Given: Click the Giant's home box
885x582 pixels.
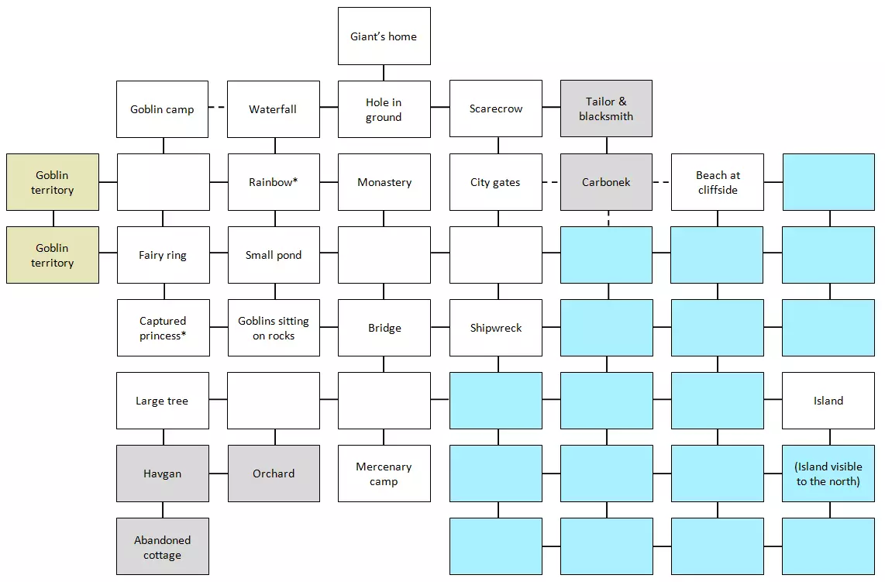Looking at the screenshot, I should pos(384,36).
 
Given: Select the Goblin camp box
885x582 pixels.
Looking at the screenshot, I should pos(163,109).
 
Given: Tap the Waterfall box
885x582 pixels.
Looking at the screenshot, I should pos(274,109).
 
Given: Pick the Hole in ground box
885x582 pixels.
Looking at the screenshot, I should pos(384,109).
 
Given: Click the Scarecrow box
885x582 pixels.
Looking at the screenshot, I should pos(496,109).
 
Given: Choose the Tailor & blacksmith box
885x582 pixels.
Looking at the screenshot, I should pos(606,109).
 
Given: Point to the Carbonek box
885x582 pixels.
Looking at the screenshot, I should pos(606,182).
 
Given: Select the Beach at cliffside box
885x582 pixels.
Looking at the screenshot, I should pos(718,182).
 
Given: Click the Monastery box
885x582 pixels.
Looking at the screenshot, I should pos(384,182).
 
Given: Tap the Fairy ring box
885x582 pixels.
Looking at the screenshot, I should pos(163,255).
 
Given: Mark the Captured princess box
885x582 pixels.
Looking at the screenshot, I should pos(163,328).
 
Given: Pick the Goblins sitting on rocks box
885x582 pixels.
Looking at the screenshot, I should pos(274,328).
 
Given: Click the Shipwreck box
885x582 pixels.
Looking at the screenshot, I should pos(496,328).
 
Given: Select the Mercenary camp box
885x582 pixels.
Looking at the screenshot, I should pos(384,474).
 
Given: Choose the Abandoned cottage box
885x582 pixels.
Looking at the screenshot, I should pos(163,546).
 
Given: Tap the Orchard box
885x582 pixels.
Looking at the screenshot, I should pos(274,474).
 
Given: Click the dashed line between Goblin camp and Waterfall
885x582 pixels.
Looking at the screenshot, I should pos(218,108).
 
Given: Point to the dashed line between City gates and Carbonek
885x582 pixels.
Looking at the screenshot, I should pos(551,182).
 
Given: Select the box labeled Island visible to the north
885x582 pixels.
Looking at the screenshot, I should pos(828,474).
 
